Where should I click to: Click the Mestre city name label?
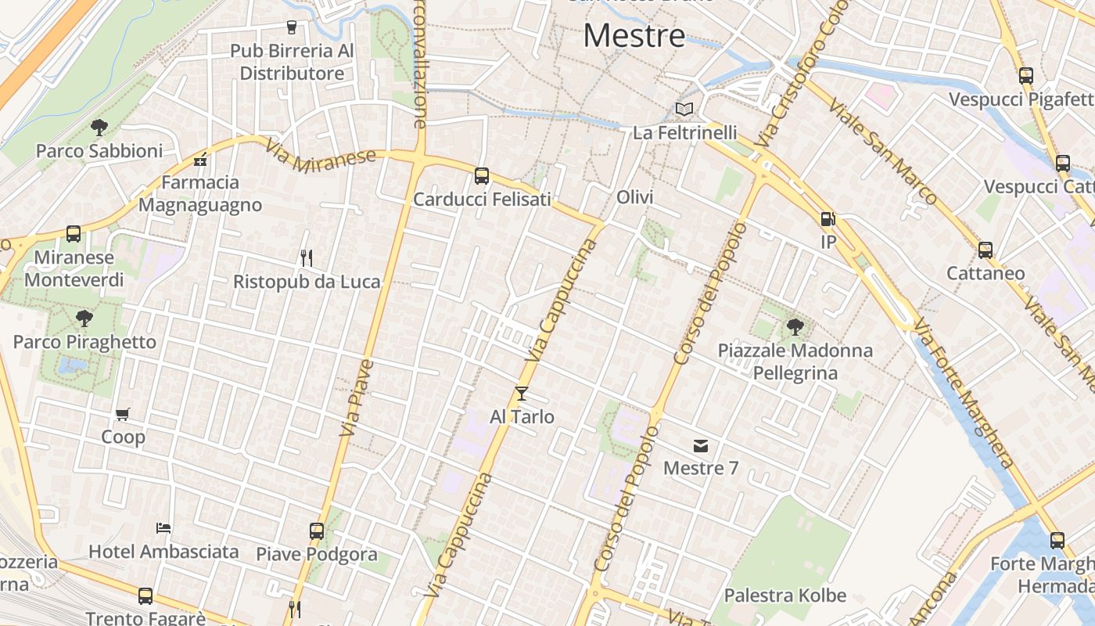634,36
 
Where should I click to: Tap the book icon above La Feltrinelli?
684,110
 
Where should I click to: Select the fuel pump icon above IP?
828,220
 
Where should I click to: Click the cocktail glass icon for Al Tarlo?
522,394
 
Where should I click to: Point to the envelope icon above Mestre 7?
701,446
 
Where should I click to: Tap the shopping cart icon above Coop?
123,414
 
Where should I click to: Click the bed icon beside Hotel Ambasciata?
163,527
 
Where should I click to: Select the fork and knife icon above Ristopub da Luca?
307,257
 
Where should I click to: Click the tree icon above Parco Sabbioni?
99,127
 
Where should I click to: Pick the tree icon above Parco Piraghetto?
84,318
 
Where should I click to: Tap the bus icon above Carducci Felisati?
482,176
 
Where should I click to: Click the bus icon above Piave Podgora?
317,531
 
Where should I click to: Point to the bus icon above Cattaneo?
985,250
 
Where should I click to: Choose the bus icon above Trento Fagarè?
145,596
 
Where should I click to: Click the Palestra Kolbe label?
785,595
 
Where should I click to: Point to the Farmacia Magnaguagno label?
200,193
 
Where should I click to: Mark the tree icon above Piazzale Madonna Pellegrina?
795,326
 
